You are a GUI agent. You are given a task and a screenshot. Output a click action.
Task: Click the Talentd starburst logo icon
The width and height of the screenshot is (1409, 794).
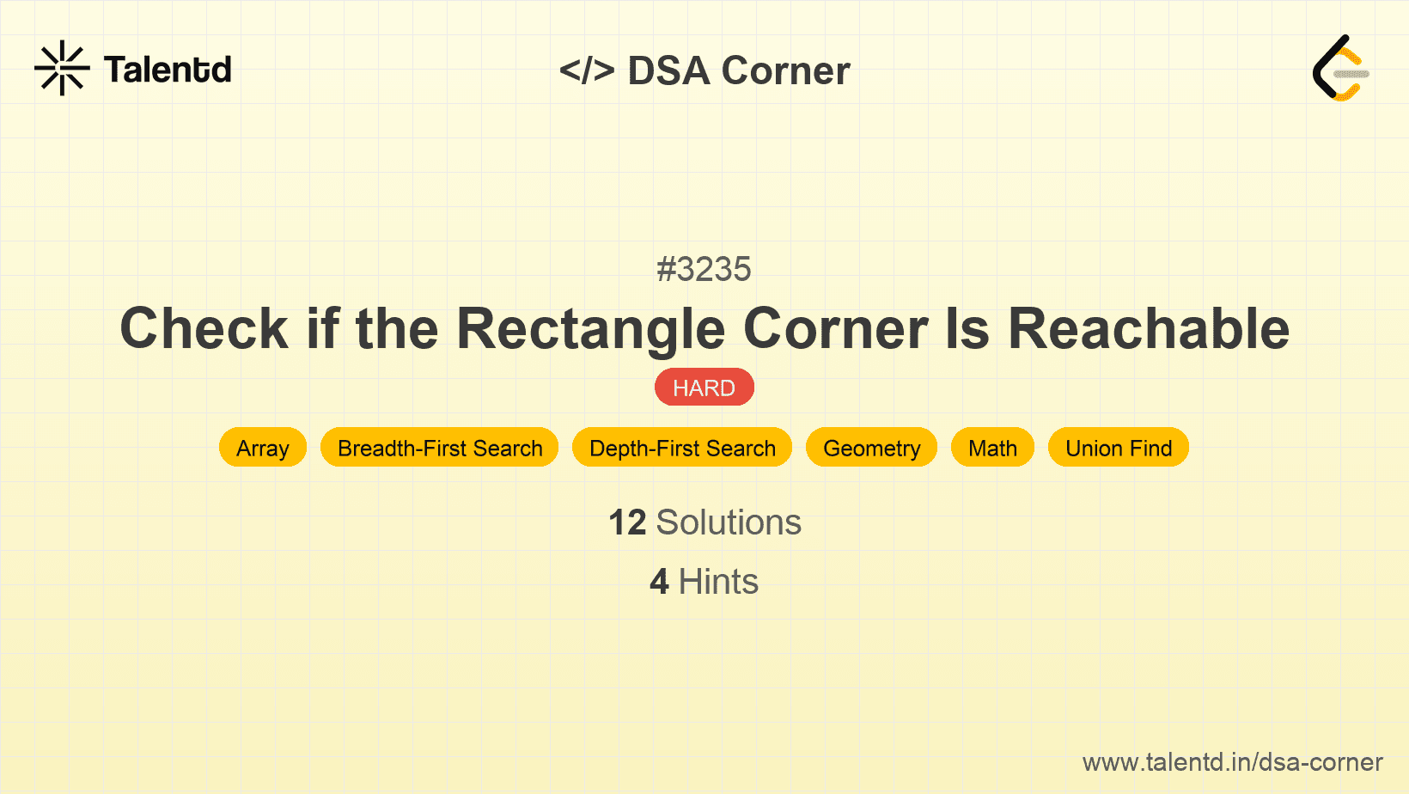tap(62, 68)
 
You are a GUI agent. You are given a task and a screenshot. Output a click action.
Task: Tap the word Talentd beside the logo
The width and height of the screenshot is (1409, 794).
tap(168, 70)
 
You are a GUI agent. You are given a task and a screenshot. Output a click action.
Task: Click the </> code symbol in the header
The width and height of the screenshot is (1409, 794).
tap(587, 70)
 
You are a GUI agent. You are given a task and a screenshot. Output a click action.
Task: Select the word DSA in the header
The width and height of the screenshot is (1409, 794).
tap(668, 70)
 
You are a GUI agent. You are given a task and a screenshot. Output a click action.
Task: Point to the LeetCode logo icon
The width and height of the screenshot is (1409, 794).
tap(1340, 68)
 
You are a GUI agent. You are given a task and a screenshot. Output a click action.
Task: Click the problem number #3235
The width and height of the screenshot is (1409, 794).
tap(704, 270)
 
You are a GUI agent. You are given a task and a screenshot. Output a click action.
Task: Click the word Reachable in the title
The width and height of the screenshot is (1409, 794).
tap(1148, 329)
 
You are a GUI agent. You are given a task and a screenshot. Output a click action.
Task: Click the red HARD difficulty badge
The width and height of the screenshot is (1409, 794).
tap(704, 388)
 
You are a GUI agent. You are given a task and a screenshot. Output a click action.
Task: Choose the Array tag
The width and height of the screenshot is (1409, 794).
tap(263, 448)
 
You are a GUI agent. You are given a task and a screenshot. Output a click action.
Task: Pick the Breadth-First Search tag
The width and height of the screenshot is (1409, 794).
tap(440, 448)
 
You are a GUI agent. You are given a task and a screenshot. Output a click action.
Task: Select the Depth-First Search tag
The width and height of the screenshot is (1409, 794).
tap(682, 448)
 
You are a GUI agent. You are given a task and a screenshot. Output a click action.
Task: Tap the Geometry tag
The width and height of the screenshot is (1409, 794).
tap(871, 448)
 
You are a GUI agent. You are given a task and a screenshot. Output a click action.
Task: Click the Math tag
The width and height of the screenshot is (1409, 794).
tap(992, 448)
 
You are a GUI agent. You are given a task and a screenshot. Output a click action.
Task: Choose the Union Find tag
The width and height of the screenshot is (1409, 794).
tap(1119, 448)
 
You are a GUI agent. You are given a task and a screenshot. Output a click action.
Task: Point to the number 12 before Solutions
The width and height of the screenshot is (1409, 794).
tap(627, 522)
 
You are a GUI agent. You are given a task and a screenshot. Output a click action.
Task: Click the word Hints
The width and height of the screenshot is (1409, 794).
tap(718, 582)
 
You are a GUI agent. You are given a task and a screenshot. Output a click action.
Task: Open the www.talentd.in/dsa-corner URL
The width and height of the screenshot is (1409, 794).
tap(1232, 762)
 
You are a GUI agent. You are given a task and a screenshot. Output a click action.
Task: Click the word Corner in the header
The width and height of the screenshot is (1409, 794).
tap(785, 70)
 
